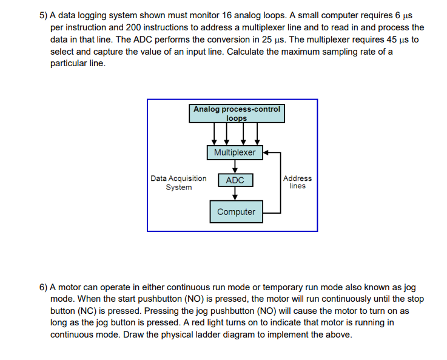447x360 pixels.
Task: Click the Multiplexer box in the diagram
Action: tap(235, 152)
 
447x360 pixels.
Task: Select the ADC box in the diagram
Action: tap(235, 180)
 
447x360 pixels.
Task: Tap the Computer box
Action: tap(236, 212)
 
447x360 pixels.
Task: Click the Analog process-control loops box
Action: tap(237, 114)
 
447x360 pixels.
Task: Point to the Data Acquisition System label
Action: tap(178, 183)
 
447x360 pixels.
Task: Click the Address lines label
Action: tap(297, 182)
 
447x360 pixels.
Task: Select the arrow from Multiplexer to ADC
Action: tap(235, 166)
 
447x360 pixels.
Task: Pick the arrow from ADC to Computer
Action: tap(235, 193)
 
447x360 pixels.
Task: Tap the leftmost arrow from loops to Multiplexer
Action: tap(214, 134)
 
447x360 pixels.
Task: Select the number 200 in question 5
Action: tap(116, 28)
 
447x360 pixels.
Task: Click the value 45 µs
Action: tap(397, 39)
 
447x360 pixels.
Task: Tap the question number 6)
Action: tap(42, 287)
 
